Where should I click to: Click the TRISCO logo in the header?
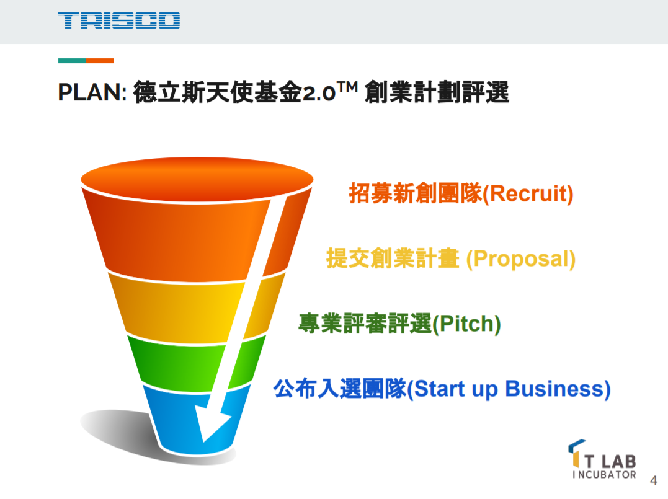(x=119, y=20)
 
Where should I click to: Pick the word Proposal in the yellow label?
(x=520, y=259)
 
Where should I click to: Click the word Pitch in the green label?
(x=466, y=324)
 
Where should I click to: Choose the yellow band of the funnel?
(x=197, y=307)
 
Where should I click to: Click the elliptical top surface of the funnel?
(x=197, y=179)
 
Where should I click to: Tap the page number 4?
(x=654, y=480)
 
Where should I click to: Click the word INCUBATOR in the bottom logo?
(x=604, y=474)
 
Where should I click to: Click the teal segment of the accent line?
(x=72, y=61)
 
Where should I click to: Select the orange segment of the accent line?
(x=100, y=61)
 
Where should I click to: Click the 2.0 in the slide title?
(x=319, y=93)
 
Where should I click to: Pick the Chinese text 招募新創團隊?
(x=416, y=193)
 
